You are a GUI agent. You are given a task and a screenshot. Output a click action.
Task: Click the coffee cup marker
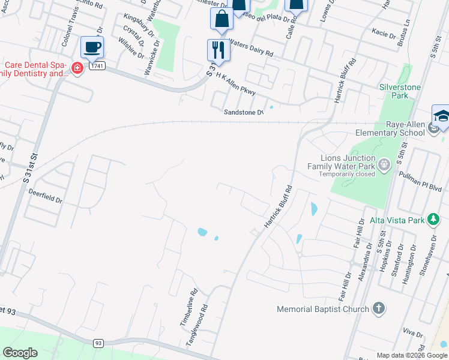pyautogui.click(x=92, y=47)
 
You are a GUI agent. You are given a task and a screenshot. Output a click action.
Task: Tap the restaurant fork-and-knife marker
pyautogui.click(x=218, y=50)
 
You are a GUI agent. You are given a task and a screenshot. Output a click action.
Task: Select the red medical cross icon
pyautogui.click(x=77, y=68)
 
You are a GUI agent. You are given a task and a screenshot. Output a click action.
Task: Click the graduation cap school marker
pyautogui.click(x=442, y=116)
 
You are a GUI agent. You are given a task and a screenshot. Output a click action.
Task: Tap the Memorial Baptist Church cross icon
pyautogui.click(x=378, y=309)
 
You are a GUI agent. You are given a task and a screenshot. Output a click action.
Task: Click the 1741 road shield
pyautogui.click(x=97, y=65)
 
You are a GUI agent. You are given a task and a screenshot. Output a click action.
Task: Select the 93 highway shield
pyautogui.click(x=98, y=343)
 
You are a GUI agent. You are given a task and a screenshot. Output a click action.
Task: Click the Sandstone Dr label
pyautogui.click(x=243, y=112)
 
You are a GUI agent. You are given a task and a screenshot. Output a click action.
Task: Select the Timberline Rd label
pyautogui.click(x=189, y=308)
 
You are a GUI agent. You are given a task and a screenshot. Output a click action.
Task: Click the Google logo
pyautogui.click(x=20, y=353)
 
